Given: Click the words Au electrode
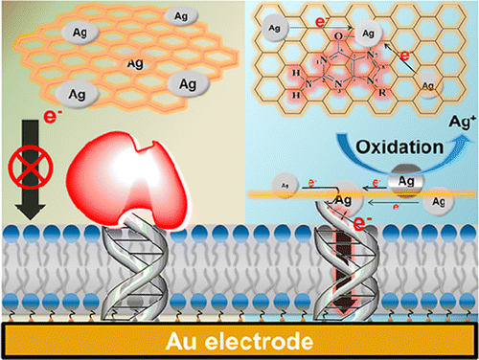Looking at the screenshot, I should click(x=239, y=340).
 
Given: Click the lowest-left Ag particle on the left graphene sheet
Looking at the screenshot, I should click(x=75, y=96).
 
